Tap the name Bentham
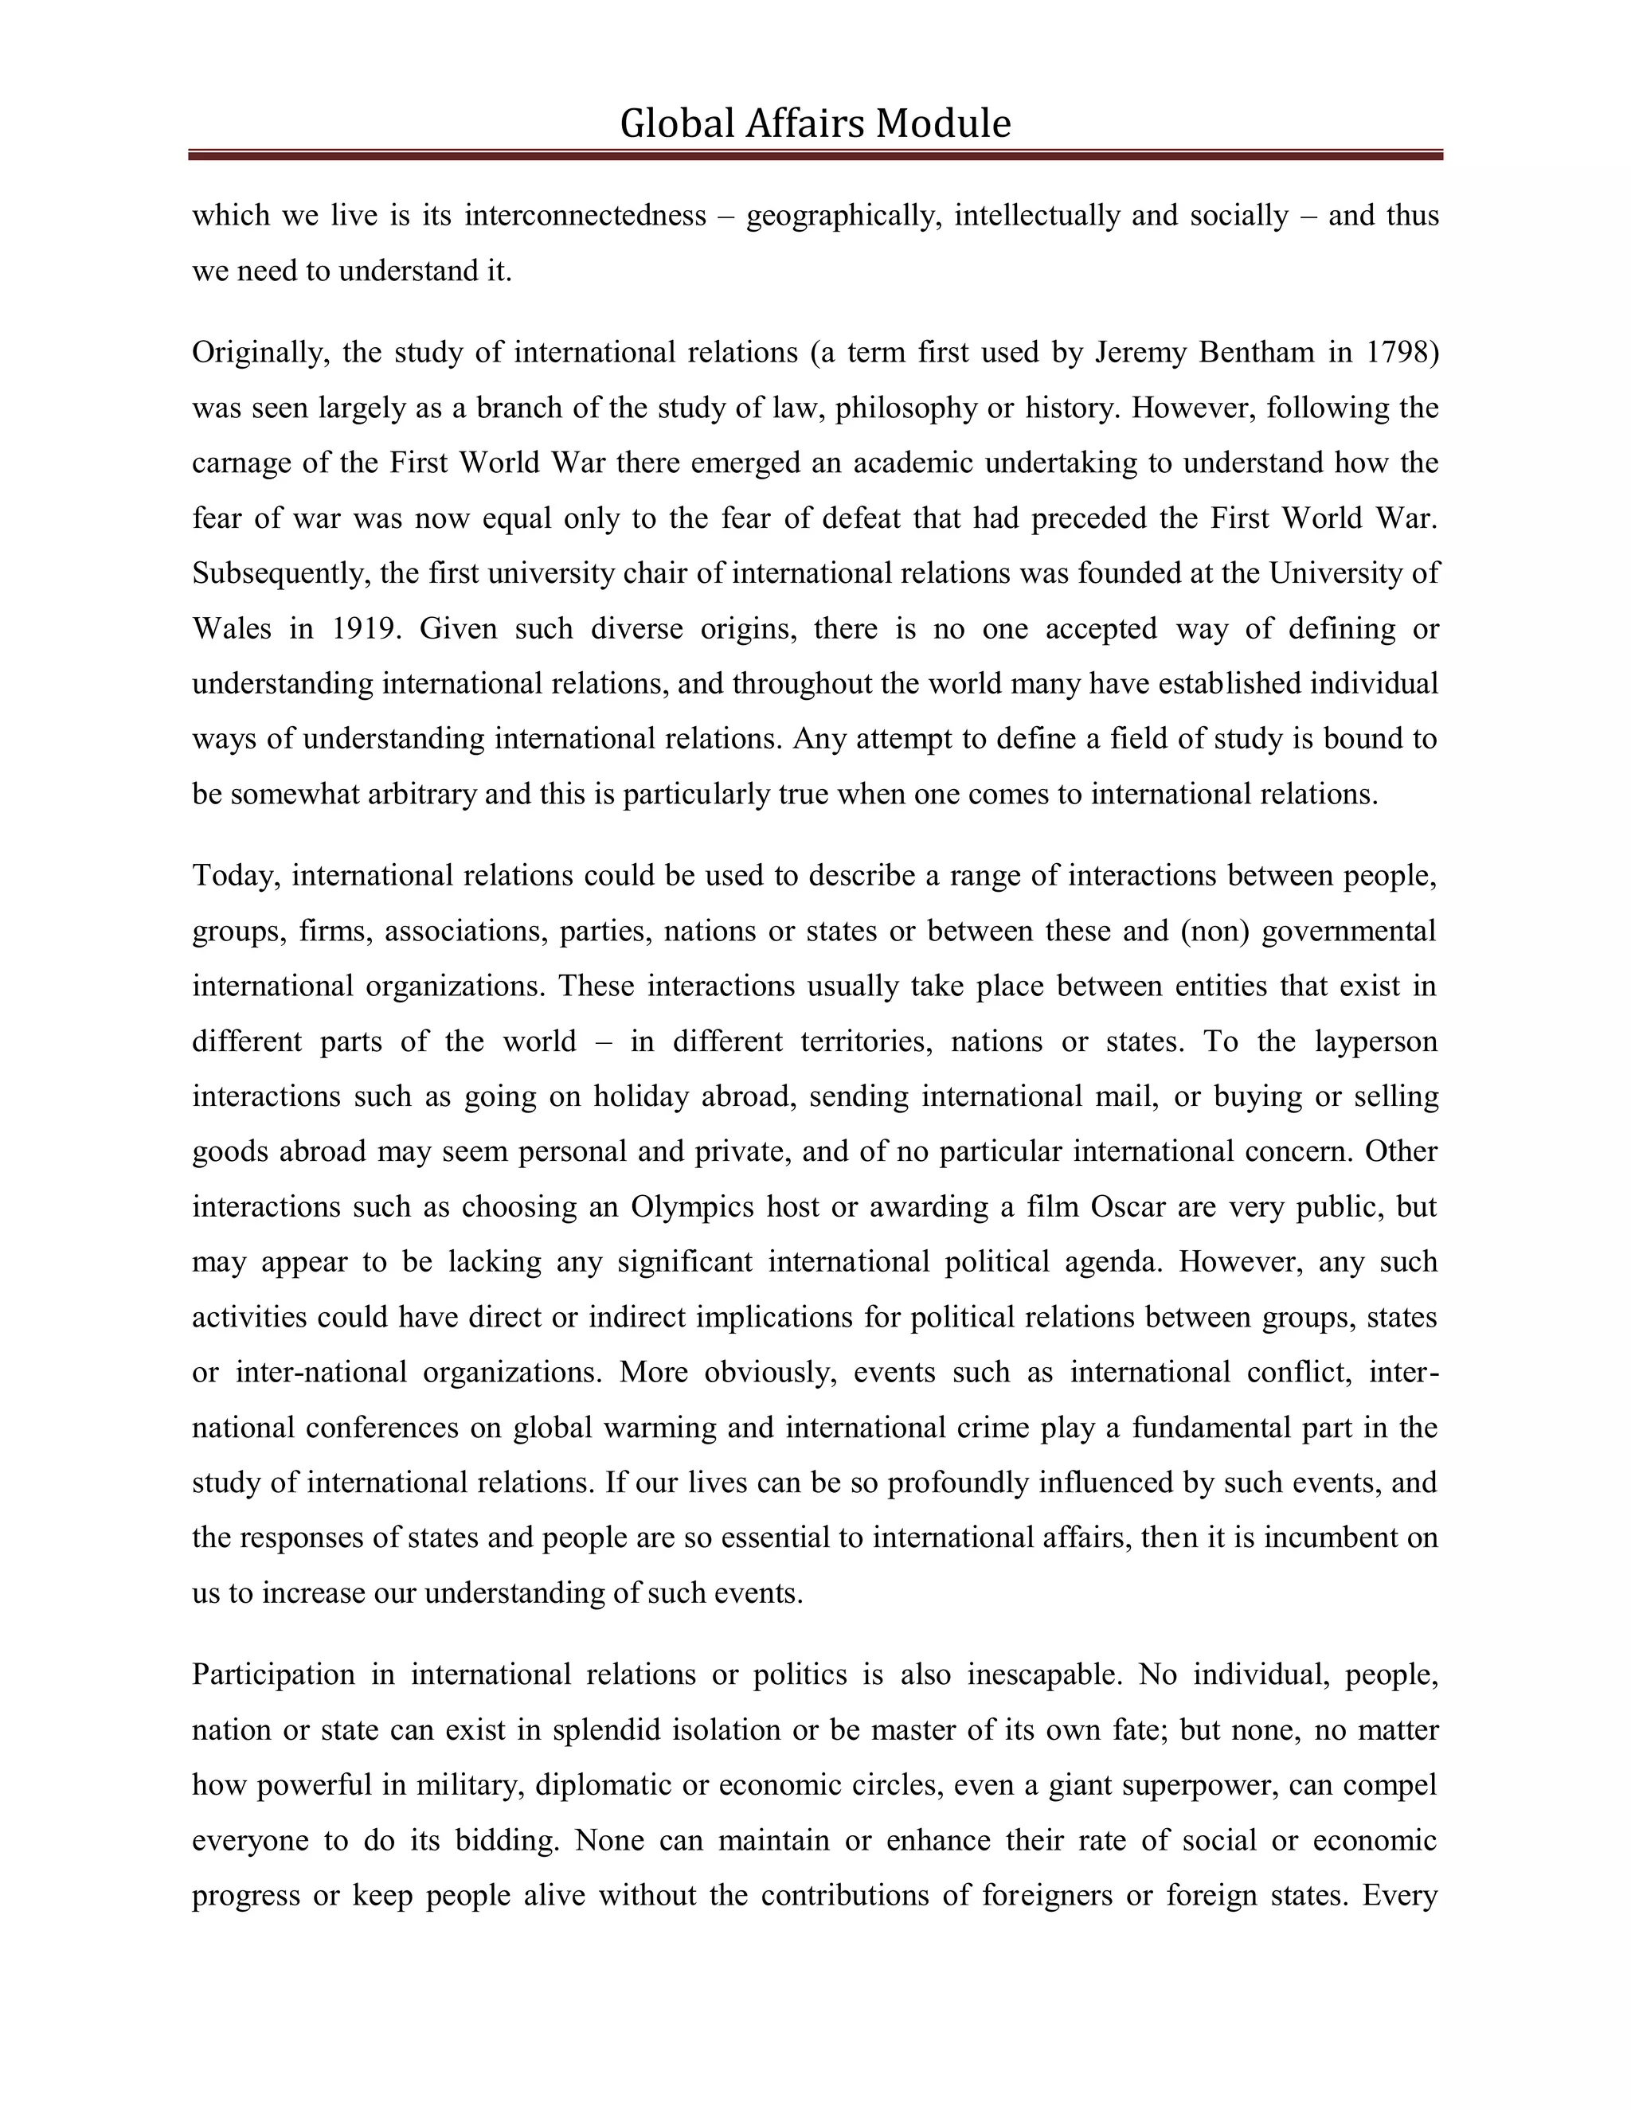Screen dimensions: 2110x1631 pos(1256,353)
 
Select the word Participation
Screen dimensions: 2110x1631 pos(273,1674)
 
